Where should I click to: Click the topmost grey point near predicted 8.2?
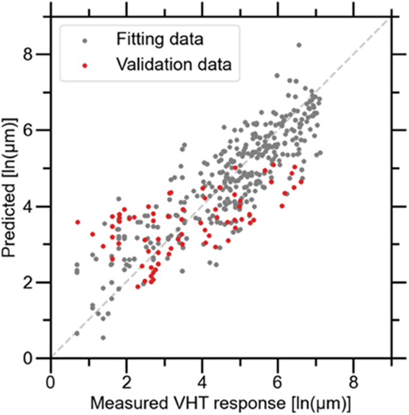click(x=299, y=45)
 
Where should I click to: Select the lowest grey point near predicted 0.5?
click(x=103, y=338)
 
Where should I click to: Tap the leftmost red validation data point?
click(x=78, y=222)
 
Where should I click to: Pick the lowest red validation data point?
click(x=138, y=287)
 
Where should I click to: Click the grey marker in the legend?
click(x=85, y=41)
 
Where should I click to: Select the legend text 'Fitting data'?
click(x=159, y=41)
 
